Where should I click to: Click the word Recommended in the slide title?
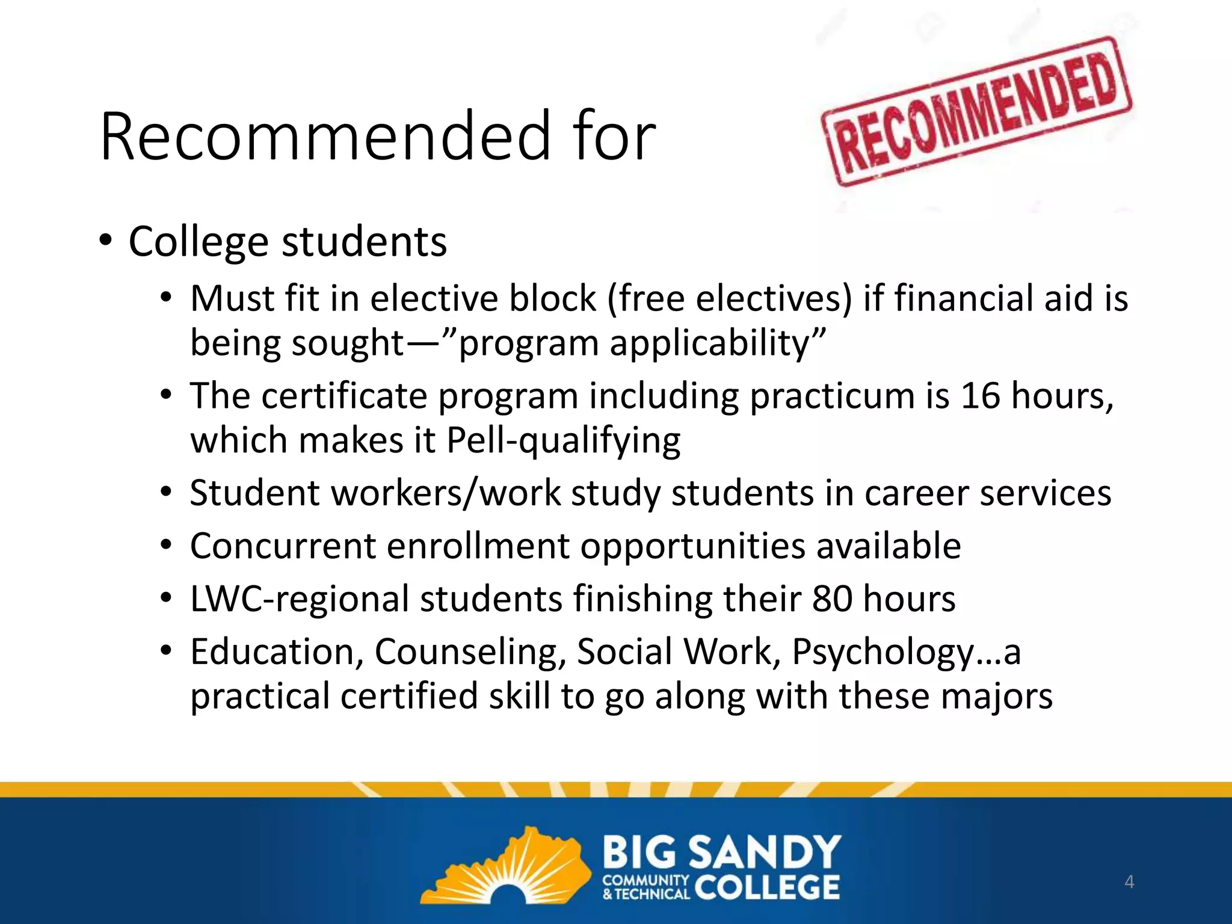click(325, 137)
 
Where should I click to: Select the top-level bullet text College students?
click(288, 242)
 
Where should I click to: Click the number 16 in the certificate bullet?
click(979, 396)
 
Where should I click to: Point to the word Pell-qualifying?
click(563, 441)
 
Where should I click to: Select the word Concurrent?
click(283, 546)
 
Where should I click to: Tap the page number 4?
click(1129, 882)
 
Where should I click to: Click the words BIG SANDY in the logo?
click(721, 852)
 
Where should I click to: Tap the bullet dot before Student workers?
click(167, 493)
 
